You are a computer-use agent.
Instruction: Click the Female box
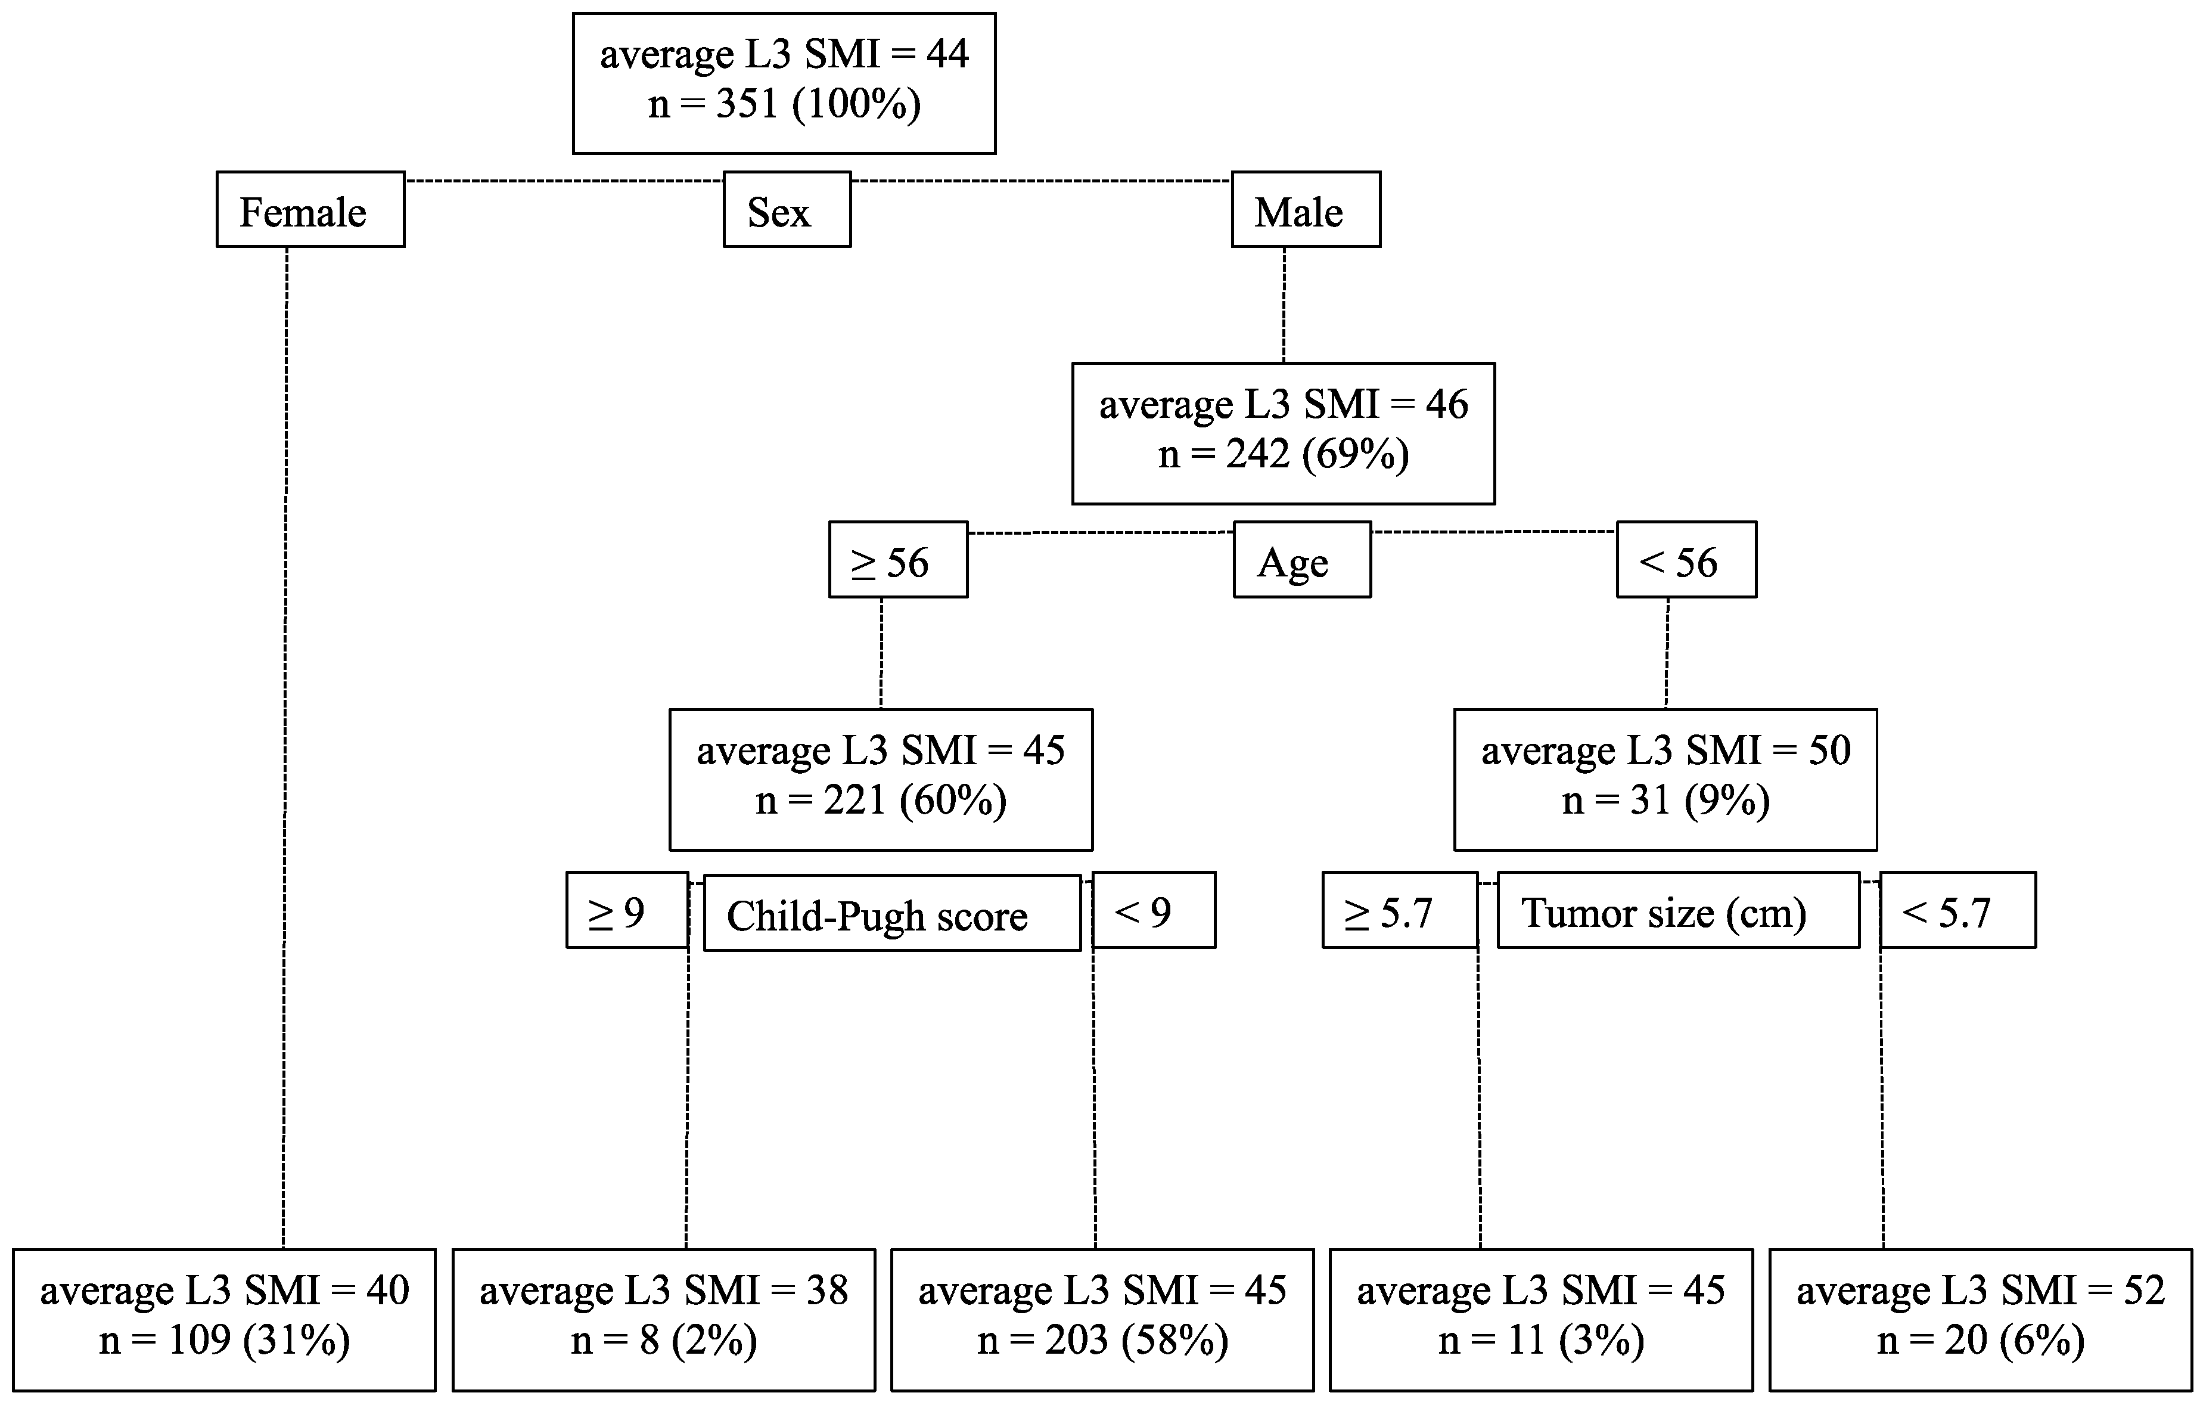[310, 209]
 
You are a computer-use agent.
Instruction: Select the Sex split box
[787, 209]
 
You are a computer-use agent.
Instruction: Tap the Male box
[1306, 209]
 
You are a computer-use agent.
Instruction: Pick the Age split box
[1302, 559]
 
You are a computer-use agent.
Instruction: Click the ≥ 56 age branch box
[898, 559]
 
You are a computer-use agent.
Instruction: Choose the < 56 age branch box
[1686, 559]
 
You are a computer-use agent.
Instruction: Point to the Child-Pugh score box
[891, 913]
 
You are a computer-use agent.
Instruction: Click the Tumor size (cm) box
[1677, 910]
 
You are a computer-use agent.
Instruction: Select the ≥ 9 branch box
[627, 910]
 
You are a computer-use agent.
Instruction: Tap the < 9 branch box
[1154, 910]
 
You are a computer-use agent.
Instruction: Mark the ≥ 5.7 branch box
[1400, 910]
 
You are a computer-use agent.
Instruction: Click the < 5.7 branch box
[1957, 910]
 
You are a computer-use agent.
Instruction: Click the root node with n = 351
[784, 82]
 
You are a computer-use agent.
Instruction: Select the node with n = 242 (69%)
[1283, 433]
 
